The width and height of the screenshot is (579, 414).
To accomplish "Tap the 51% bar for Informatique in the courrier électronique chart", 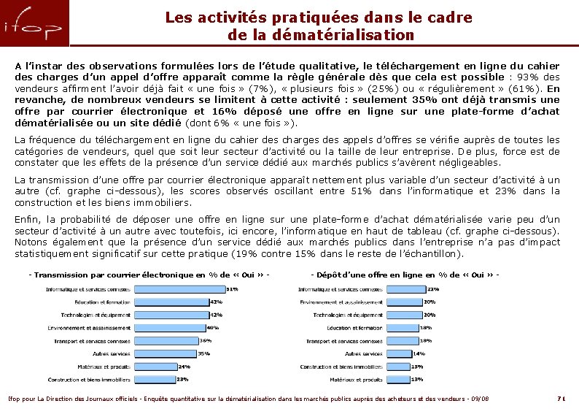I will pos(180,289).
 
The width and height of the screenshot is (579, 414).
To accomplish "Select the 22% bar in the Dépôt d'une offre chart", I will pos(410,289).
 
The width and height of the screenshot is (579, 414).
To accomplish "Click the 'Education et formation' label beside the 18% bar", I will pos(354,328).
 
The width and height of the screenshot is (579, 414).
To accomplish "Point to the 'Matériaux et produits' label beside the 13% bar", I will pos(356,380).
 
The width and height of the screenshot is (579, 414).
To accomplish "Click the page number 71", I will pos(561,398).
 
